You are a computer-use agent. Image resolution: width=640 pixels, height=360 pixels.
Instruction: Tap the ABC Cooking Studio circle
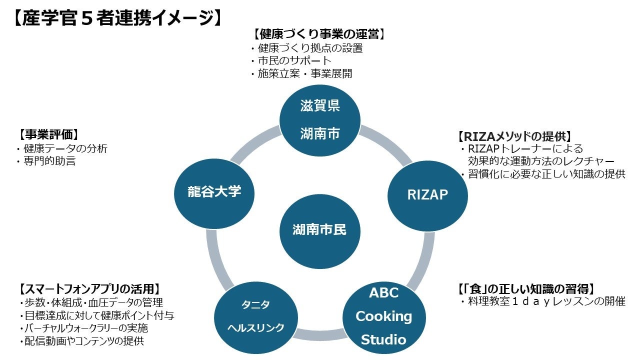click(x=383, y=316)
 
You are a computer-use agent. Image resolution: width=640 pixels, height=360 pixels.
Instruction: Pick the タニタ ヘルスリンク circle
click(x=256, y=316)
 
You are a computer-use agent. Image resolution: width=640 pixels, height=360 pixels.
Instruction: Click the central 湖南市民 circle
click(x=319, y=229)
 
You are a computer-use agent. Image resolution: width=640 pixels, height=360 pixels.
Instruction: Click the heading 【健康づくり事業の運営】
click(x=319, y=34)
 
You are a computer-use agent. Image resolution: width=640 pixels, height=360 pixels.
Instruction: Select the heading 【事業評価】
click(x=49, y=134)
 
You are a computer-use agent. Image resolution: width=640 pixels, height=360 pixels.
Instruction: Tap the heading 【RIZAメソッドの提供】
click(x=515, y=136)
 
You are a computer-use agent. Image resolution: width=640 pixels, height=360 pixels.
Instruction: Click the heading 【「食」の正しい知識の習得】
click(x=526, y=288)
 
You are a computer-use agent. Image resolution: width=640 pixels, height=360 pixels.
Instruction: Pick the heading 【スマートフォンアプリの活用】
click(x=89, y=289)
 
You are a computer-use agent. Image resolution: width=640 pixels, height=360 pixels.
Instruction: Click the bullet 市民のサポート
click(x=294, y=61)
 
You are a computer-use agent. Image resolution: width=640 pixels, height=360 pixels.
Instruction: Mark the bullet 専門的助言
click(x=49, y=161)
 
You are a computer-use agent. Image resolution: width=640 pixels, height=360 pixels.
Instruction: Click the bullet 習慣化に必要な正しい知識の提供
click(x=546, y=174)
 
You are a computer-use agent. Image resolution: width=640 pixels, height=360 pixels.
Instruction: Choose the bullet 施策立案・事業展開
click(x=304, y=74)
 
